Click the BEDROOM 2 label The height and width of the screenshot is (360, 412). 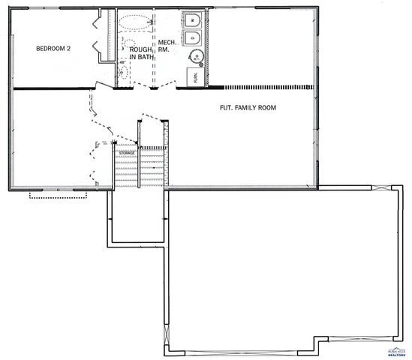pos(53,49)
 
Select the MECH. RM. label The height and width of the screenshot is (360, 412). pos(167,46)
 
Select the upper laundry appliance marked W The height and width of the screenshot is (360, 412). pos(192,20)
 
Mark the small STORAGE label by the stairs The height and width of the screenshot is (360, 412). pos(126,154)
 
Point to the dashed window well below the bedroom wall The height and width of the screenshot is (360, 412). pos(58,195)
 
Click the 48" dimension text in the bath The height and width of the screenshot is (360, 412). pos(122,62)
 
